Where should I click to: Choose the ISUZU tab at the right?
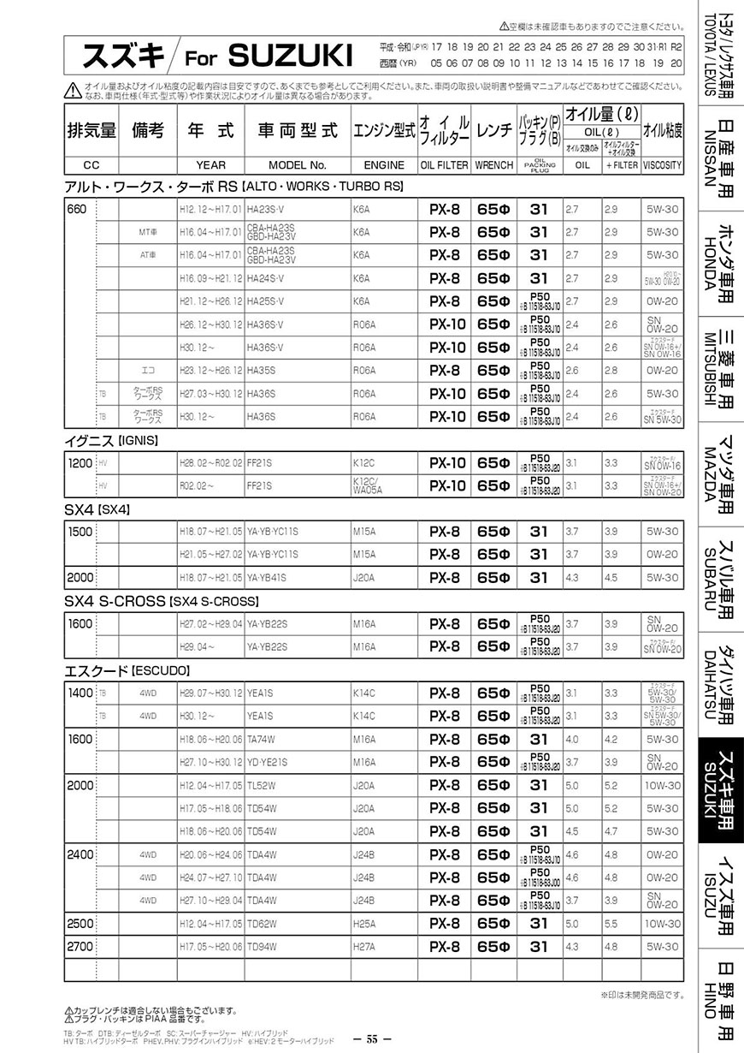[x=721, y=898]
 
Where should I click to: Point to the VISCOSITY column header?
[x=662, y=164]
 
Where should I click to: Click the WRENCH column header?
[x=493, y=164]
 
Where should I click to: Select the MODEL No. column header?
[x=298, y=164]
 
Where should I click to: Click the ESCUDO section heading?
[x=127, y=670]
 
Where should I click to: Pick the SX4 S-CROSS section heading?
[x=161, y=601]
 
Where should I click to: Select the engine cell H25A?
[x=363, y=924]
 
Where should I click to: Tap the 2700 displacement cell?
[x=79, y=947]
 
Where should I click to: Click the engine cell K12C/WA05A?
[x=367, y=485]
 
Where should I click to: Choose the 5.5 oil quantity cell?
[x=611, y=924]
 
